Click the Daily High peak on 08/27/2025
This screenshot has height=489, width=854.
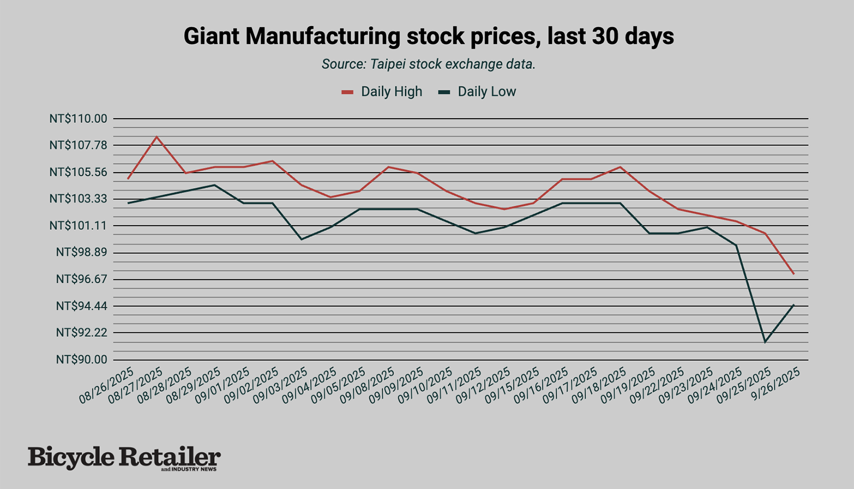[x=156, y=137]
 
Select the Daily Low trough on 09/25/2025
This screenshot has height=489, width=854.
[x=765, y=342]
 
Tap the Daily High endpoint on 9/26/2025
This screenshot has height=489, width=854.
[x=794, y=274]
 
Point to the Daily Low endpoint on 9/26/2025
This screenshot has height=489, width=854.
[x=794, y=305]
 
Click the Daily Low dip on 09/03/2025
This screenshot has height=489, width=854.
[x=302, y=239]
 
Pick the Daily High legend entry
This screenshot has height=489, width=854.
[x=382, y=92]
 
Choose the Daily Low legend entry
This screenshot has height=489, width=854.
[x=477, y=92]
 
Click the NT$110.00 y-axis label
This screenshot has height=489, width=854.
[x=78, y=119]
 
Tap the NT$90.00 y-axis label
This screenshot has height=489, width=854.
[x=81, y=360]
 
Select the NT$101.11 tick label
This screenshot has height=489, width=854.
[x=78, y=226]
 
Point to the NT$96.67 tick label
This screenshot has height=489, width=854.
[x=81, y=279]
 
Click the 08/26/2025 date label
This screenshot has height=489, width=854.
[x=107, y=386]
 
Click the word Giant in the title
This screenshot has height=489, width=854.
[x=211, y=37]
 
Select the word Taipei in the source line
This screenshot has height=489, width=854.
[x=388, y=65]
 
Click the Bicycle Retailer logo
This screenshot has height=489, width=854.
[x=124, y=459]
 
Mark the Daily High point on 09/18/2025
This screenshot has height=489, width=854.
[x=620, y=167]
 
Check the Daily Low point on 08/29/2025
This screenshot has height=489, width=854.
[x=215, y=185]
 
